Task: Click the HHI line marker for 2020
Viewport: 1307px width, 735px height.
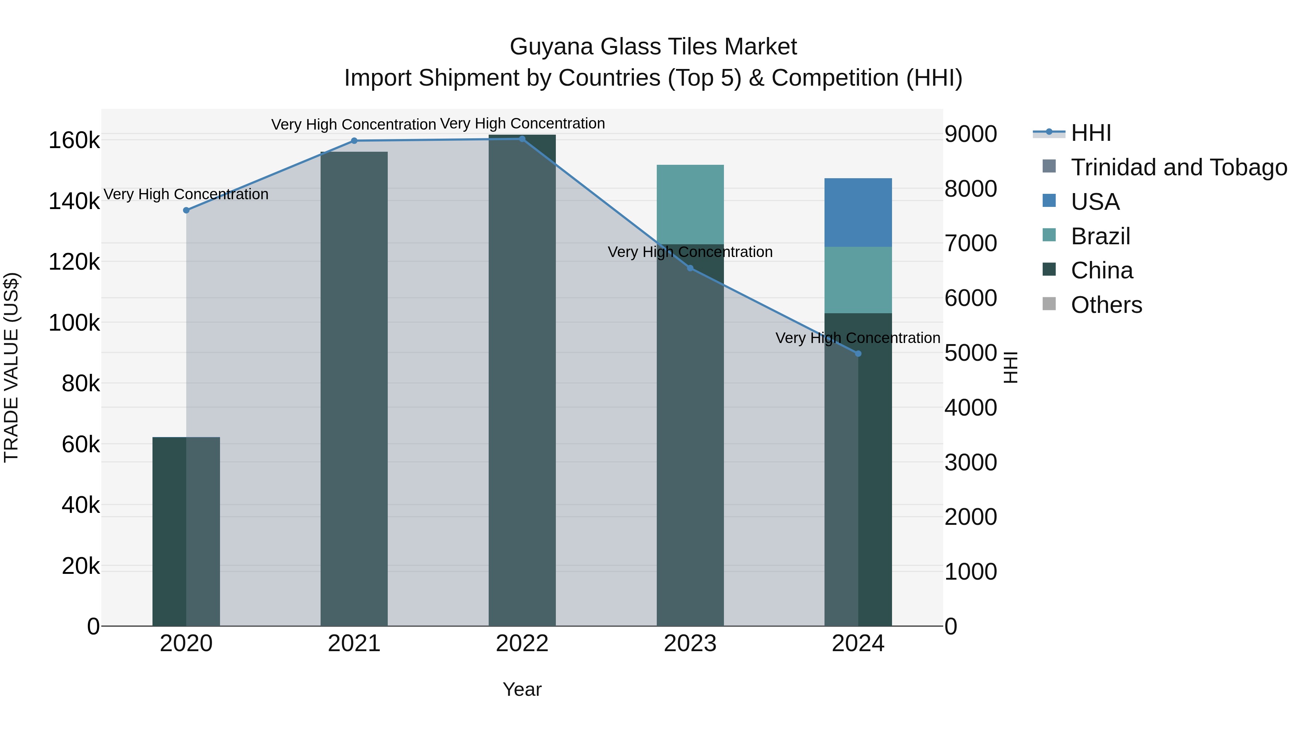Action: tap(186, 210)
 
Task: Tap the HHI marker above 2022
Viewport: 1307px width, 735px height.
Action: tap(522, 139)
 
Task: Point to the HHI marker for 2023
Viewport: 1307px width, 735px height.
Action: tap(690, 268)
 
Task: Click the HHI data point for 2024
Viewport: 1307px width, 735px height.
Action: tap(858, 354)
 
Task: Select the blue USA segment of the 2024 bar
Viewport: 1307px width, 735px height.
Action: tap(858, 213)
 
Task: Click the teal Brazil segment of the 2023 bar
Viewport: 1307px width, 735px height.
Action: tap(690, 204)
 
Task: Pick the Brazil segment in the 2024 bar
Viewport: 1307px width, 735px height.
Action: tap(858, 280)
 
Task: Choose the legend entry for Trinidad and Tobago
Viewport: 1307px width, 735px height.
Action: tap(1178, 167)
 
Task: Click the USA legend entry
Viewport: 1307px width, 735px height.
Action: tap(1095, 202)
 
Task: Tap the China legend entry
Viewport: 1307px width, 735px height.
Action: tap(1102, 271)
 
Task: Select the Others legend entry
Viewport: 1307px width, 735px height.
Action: tap(1106, 305)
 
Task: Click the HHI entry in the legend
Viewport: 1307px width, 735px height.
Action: tap(1091, 133)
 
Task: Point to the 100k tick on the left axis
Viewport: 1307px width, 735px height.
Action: tap(74, 323)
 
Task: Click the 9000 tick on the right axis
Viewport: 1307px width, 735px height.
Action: tap(970, 134)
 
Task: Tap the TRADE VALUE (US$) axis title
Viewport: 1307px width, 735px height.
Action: tap(11, 367)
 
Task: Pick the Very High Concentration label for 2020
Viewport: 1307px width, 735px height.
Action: tap(186, 194)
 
